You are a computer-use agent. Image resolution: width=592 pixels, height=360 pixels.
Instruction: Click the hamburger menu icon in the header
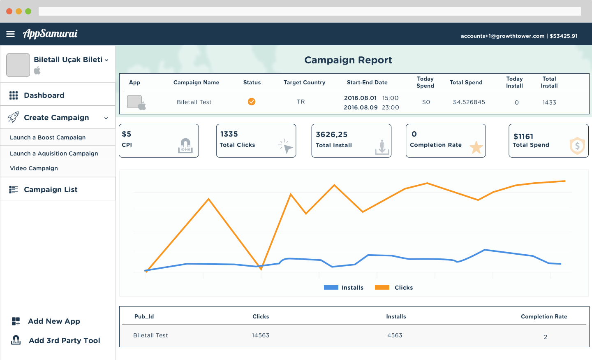coord(11,34)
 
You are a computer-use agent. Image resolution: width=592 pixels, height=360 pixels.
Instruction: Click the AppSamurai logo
coord(50,34)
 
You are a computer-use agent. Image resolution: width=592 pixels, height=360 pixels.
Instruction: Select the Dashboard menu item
coord(44,95)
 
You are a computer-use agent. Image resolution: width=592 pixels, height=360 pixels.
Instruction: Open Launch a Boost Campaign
coord(48,137)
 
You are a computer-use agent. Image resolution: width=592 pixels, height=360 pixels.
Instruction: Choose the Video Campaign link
coord(34,168)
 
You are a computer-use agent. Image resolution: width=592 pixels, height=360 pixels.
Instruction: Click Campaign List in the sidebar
coord(51,190)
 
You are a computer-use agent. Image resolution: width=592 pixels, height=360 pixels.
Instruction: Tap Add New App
coord(54,321)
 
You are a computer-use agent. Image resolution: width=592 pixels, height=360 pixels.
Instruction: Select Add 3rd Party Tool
coord(64,341)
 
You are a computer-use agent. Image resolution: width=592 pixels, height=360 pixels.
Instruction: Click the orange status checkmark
coord(252,102)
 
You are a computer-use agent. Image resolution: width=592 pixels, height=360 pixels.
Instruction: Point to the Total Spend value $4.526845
coord(469,102)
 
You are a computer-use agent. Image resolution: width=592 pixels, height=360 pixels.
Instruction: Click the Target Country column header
coord(304,82)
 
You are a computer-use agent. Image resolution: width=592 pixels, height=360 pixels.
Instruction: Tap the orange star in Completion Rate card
coord(476,147)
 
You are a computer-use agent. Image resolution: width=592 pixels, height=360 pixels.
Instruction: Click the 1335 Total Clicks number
coord(229,134)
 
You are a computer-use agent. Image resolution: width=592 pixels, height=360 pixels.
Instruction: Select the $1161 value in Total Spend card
coord(523,137)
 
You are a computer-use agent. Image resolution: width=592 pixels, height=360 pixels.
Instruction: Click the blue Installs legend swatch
coord(331,288)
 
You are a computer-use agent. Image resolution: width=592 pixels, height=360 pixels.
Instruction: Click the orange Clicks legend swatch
coord(382,288)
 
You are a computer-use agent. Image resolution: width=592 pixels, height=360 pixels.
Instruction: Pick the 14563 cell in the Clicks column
coord(261,335)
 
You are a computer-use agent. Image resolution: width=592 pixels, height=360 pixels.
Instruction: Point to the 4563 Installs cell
coord(395,335)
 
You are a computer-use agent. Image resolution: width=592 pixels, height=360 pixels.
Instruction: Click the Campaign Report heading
coord(348,60)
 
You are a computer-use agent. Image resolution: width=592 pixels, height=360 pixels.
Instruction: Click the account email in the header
coord(502,36)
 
